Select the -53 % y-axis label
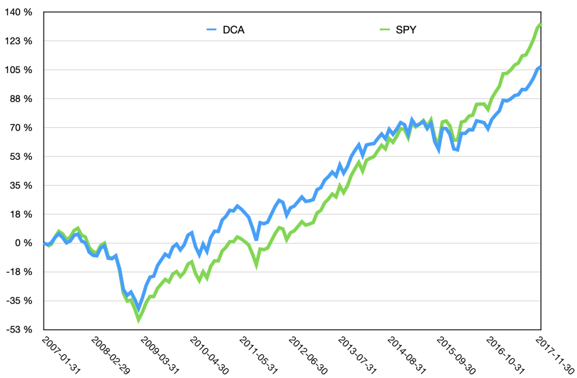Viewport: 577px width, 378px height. [x=19, y=330]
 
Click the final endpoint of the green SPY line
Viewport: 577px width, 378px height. [x=540, y=24]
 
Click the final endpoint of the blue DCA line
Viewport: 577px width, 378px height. [x=540, y=67]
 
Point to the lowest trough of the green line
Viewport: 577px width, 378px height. [x=139, y=320]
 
